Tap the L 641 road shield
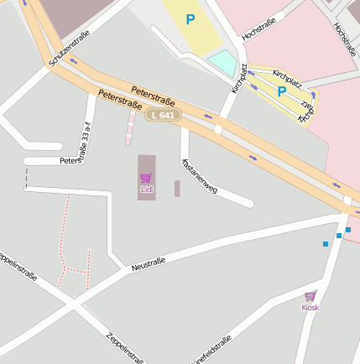tap(162, 115)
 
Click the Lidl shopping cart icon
tap(146, 178)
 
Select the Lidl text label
tap(146, 190)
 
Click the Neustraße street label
tap(149, 265)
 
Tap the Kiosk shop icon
tap(310, 296)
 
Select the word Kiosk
tap(310, 308)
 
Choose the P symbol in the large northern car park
tap(191, 18)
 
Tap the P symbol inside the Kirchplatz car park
tap(281, 91)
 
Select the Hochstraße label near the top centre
tap(258, 29)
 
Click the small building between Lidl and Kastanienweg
tap(177, 189)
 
